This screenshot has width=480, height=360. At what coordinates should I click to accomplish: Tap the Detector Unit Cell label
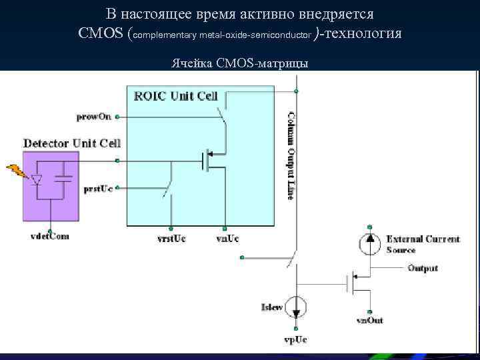[x=72, y=143]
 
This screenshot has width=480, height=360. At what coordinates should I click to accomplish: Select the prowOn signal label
[x=95, y=117]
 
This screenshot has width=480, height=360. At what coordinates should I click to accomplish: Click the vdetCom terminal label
[x=50, y=236]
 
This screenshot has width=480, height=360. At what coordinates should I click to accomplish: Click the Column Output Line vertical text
[x=291, y=155]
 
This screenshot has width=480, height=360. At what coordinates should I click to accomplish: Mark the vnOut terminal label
[x=369, y=321]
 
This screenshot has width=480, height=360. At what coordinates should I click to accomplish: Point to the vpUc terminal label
[x=295, y=340]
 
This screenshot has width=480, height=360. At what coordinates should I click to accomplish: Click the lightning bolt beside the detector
[x=17, y=172]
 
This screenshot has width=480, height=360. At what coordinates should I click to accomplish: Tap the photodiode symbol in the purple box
[x=37, y=179]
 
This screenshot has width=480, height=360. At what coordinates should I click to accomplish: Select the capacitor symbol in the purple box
[x=64, y=179]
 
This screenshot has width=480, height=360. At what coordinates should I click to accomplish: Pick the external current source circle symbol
[x=370, y=243]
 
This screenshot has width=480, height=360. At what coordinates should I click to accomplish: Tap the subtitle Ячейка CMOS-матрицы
[x=239, y=63]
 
